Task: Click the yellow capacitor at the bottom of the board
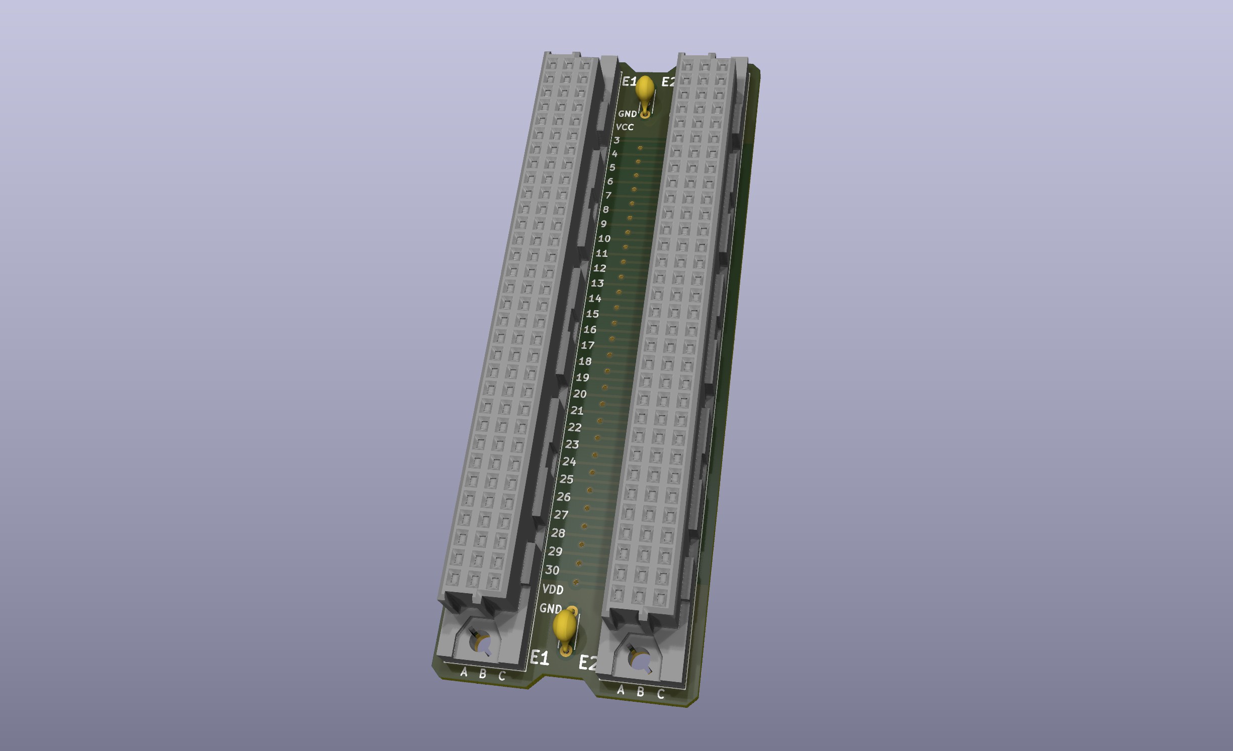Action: pyautogui.click(x=565, y=626)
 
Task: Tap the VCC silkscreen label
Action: pyautogui.click(x=625, y=127)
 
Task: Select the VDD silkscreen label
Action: pyautogui.click(x=553, y=589)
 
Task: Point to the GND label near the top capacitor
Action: pyautogui.click(x=627, y=114)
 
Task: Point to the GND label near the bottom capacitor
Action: pyautogui.click(x=550, y=609)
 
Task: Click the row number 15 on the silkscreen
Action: pyautogui.click(x=592, y=314)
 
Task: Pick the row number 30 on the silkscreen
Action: pyautogui.click(x=552, y=570)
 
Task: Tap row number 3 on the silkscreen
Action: pyautogui.click(x=616, y=140)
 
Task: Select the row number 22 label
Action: pyautogui.click(x=575, y=428)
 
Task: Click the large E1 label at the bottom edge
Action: pyautogui.click(x=540, y=658)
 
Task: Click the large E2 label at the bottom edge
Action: pyautogui.click(x=587, y=663)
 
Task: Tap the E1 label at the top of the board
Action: pyautogui.click(x=629, y=81)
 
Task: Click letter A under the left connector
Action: pyautogui.click(x=464, y=672)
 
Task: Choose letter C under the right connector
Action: pyautogui.click(x=661, y=694)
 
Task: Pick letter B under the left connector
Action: pyautogui.click(x=483, y=674)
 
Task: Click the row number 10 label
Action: pyautogui.click(x=604, y=239)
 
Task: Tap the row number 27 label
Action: pyautogui.click(x=561, y=515)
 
